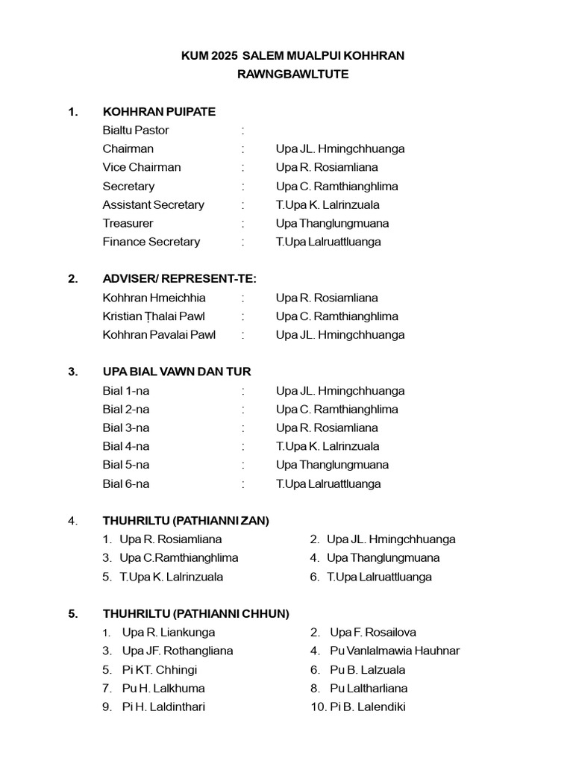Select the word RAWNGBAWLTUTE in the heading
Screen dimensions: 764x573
(292, 75)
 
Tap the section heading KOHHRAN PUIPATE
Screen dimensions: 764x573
(159, 112)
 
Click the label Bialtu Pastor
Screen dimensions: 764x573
(136, 131)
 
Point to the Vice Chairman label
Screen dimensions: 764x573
(142, 167)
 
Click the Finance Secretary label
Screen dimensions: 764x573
(151, 242)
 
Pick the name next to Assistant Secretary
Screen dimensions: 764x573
(328, 204)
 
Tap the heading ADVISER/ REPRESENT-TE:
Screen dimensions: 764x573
(179, 279)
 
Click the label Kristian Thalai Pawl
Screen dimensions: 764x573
(154, 316)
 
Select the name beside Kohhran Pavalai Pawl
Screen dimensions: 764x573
(340, 335)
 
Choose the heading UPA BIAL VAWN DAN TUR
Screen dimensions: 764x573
(177, 372)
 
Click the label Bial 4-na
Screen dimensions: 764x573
(126, 446)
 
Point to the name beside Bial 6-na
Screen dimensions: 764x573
(328, 483)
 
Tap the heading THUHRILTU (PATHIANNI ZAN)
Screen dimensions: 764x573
(186, 521)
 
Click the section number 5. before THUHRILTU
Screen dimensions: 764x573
(72, 614)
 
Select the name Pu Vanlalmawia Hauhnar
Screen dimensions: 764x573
(395, 651)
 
